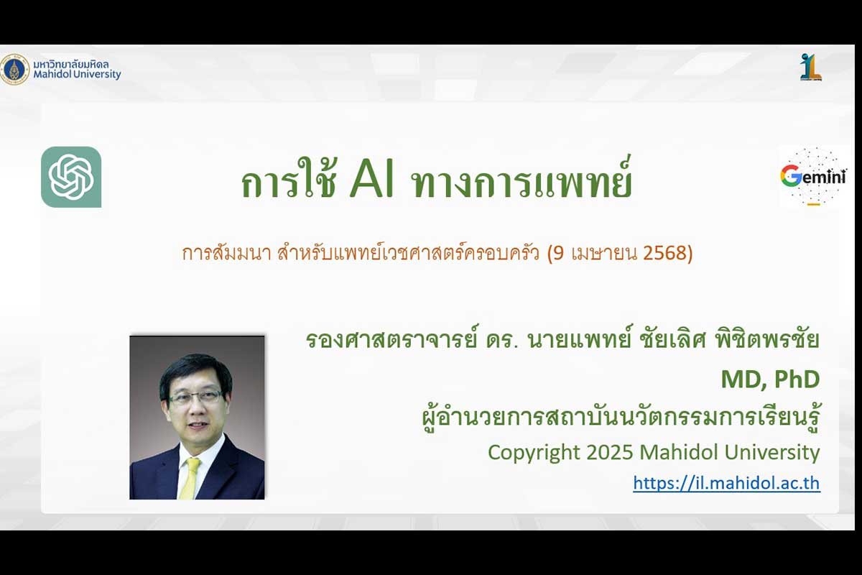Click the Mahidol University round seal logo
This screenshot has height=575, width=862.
tap(14, 70)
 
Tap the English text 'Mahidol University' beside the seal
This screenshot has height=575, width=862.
tap(77, 74)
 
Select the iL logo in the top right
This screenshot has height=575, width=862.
tap(811, 67)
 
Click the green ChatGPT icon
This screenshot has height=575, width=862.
tap(71, 177)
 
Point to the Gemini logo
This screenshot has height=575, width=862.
tap(813, 177)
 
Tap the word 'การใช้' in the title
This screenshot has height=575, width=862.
tap(289, 179)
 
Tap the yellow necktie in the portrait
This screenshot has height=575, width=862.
tap(190, 478)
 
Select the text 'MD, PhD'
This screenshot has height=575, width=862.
tap(770, 379)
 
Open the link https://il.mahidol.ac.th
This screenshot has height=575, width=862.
tap(726, 483)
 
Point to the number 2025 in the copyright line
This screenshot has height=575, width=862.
tap(610, 452)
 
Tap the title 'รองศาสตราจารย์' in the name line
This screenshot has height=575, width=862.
tap(392, 339)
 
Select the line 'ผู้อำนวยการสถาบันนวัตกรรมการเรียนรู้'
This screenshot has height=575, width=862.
tap(621, 417)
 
